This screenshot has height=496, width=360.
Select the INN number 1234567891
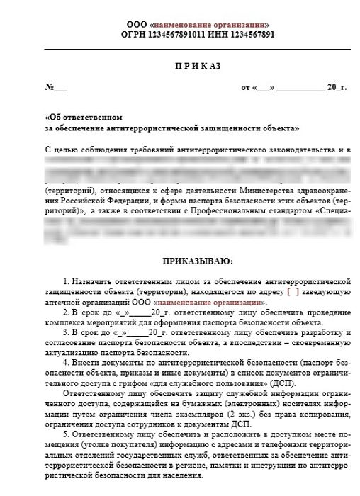click(x=242, y=33)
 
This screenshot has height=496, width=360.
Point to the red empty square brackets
click(x=293, y=292)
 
